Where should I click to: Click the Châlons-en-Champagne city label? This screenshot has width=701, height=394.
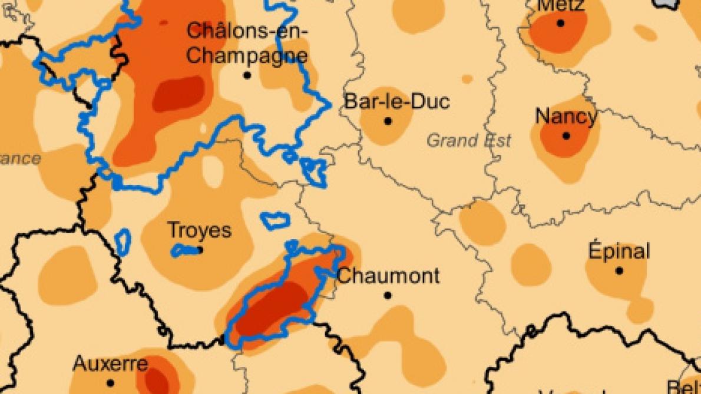point(247,43)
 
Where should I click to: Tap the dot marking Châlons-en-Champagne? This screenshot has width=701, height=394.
point(247,75)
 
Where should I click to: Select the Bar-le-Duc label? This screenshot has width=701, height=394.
point(396,101)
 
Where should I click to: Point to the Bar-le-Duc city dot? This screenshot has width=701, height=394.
point(388,121)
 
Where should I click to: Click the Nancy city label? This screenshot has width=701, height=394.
point(566,116)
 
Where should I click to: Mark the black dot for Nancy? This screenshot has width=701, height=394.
point(566,136)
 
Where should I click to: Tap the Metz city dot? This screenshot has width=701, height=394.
point(560,24)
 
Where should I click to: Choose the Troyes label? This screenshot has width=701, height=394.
point(199,230)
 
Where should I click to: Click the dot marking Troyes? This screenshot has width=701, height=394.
point(200,250)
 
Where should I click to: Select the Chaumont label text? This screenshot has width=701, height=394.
point(388,275)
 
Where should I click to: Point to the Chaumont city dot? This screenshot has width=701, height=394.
point(388,295)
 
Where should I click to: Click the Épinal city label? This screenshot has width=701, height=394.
point(619,251)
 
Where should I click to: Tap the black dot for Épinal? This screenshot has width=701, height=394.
point(619,271)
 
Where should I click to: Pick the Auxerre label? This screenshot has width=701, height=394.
point(110,363)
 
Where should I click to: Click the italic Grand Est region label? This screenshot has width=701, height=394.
point(469,141)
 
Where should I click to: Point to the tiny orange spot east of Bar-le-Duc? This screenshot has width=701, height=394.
point(467,79)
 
